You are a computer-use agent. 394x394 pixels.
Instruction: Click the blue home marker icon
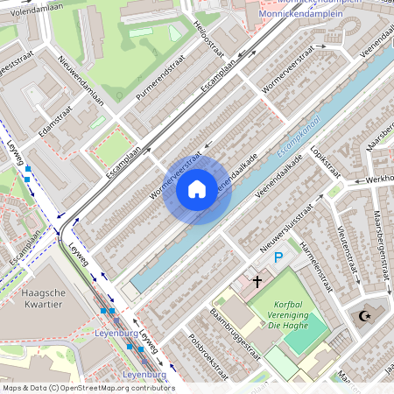pyautogui.click(x=197, y=188)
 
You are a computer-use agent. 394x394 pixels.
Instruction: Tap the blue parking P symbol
pyautogui.click(x=278, y=257)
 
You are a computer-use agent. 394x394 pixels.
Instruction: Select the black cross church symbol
pyautogui.click(x=257, y=282)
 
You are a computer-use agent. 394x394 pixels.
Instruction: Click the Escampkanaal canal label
pyautogui.click(x=299, y=137)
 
